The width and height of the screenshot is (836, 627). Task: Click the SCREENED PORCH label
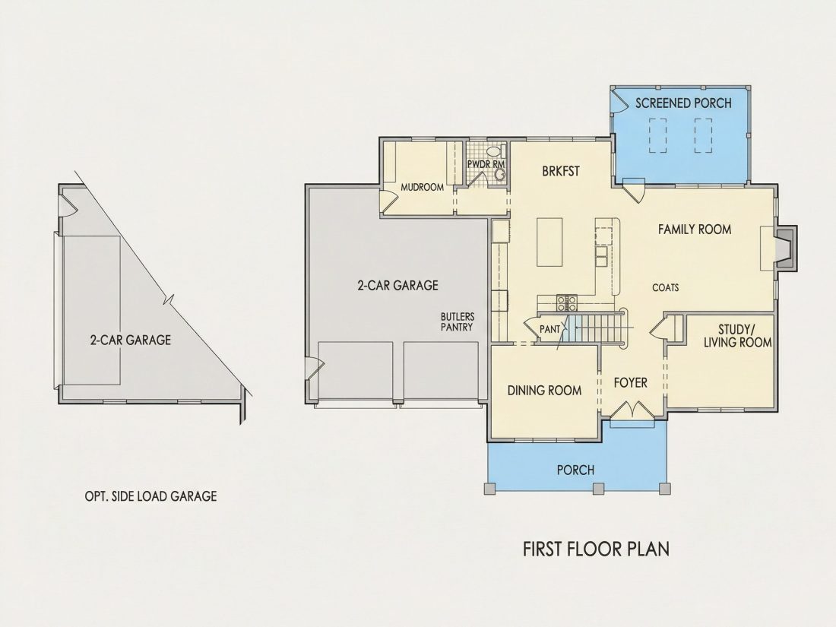click(x=683, y=103)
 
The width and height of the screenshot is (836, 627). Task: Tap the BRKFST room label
click(x=560, y=171)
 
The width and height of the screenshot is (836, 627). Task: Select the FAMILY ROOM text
click(x=694, y=230)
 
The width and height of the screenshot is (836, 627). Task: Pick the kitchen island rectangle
click(x=549, y=242)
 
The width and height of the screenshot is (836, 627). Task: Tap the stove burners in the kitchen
click(x=567, y=302)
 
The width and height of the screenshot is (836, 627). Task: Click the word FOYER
click(x=631, y=383)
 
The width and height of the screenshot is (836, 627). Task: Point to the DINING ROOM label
click(x=544, y=391)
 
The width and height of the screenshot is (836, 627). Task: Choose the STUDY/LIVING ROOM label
click(x=738, y=336)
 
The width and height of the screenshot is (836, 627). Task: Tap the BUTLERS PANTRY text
click(x=457, y=322)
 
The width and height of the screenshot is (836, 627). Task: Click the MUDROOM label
click(x=423, y=187)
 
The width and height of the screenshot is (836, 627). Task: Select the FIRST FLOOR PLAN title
click(x=596, y=549)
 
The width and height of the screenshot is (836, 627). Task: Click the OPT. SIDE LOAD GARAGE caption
click(x=151, y=496)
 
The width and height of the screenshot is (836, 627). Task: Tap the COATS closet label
click(x=666, y=288)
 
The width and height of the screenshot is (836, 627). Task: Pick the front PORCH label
click(x=576, y=470)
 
